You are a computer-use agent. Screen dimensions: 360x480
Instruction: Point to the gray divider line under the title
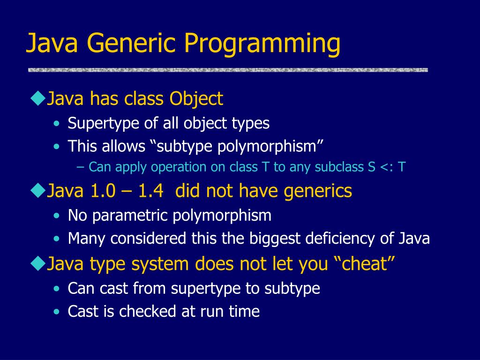point(228,70)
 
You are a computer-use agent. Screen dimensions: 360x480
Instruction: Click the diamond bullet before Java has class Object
point(37,99)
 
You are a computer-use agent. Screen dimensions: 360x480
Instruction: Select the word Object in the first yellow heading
point(196,99)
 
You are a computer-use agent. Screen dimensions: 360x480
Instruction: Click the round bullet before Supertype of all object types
point(56,124)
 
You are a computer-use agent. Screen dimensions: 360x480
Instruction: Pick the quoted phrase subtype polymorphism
point(237,147)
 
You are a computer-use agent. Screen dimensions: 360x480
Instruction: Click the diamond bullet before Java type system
point(37,263)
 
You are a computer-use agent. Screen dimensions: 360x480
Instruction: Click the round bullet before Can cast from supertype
point(56,289)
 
